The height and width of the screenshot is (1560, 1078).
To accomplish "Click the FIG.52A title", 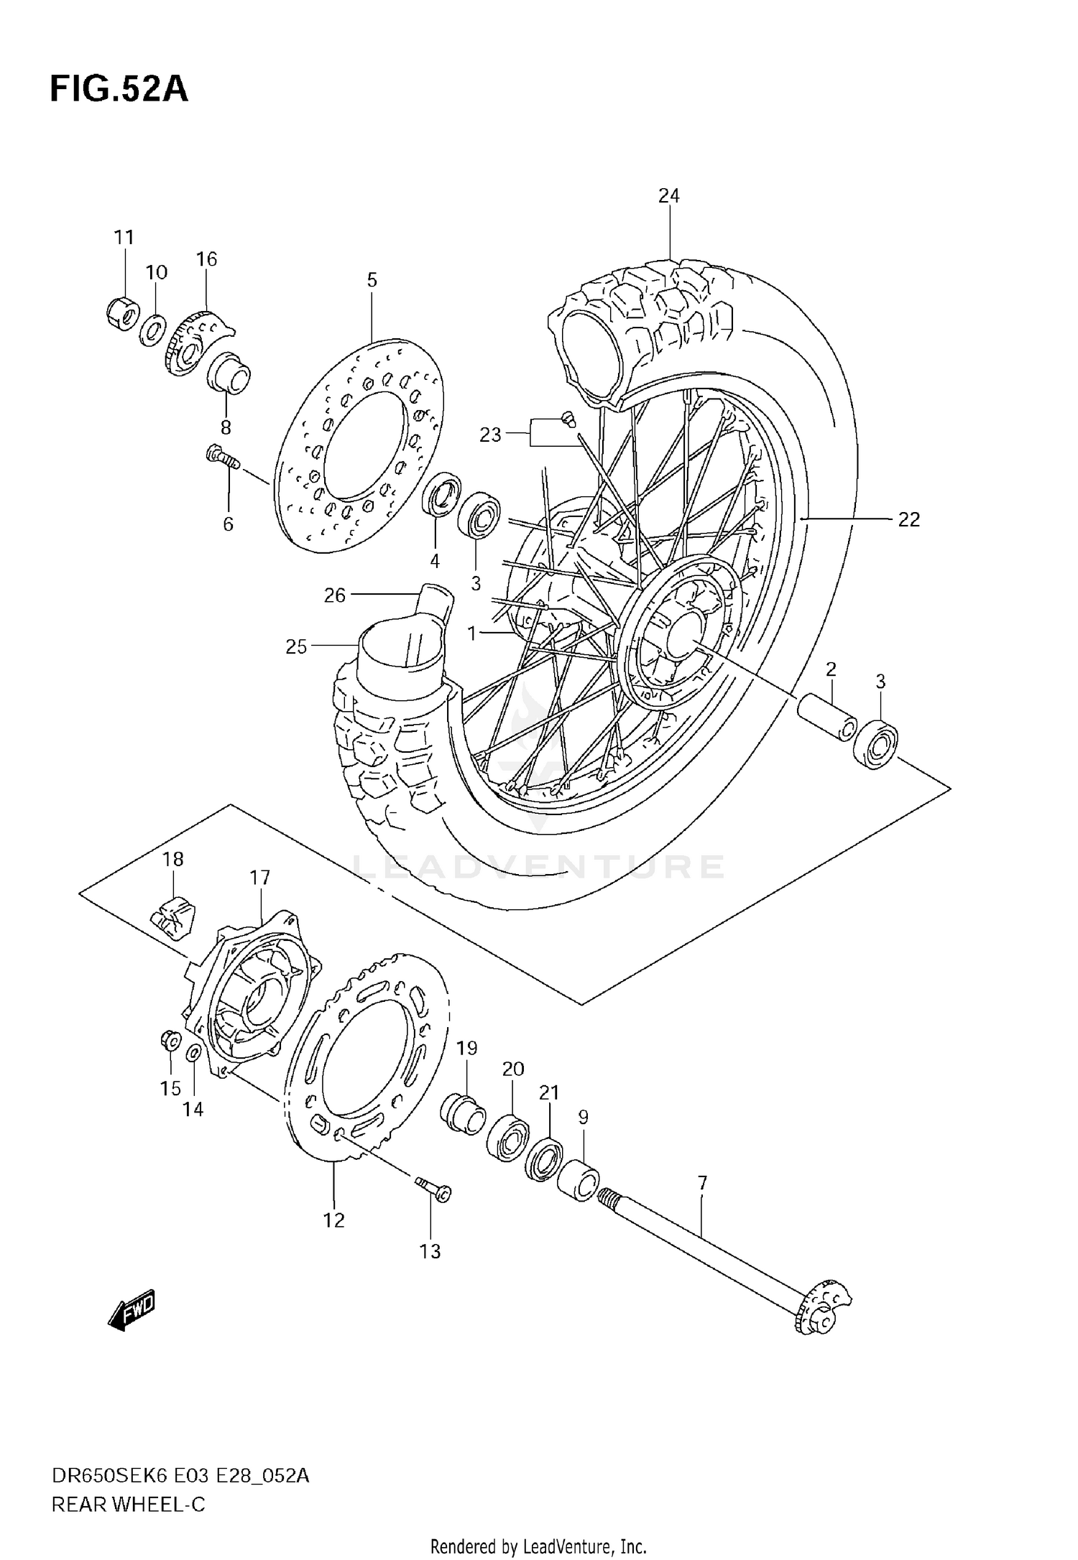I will click(x=119, y=90).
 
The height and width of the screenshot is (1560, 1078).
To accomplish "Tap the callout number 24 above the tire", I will click(x=668, y=195).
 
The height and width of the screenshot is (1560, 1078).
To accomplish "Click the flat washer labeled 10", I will click(x=152, y=330).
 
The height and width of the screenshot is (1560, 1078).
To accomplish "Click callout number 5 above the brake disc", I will click(x=372, y=280).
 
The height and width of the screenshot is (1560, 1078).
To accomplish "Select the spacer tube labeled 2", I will click(x=826, y=715).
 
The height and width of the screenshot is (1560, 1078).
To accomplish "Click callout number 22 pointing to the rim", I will click(x=908, y=519).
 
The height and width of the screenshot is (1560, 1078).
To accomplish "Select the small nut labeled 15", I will click(x=169, y=1039).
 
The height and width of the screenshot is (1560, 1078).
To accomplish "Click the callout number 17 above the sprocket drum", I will click(x=259, y=877).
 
